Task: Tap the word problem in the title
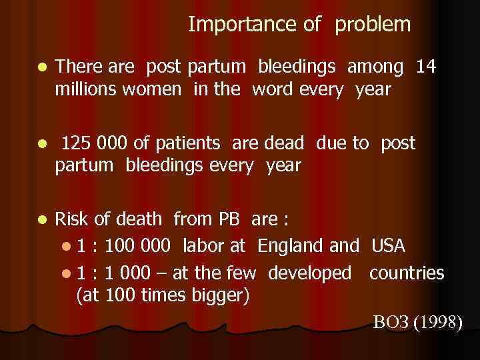373,25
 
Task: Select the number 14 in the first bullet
426,66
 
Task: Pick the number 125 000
94,143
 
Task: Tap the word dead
284,143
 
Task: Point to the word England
291,246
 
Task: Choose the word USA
388,246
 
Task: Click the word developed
309,273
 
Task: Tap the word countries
406,273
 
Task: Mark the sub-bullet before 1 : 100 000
64,247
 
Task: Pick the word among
375,66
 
